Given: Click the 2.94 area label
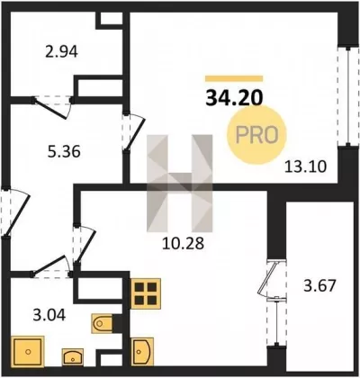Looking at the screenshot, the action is pos(61,51).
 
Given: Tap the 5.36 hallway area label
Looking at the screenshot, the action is pos(64,151).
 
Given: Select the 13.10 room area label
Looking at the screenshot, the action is pos(305,166).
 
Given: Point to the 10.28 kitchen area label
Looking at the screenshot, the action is pos(183,243).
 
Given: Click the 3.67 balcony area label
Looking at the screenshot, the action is pos(319,285).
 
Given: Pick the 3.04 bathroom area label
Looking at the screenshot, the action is pos(49,315).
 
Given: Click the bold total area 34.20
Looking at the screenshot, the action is pos(234,98).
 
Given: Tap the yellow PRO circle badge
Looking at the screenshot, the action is pos(256,135).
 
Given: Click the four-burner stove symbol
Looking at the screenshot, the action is pos(146,293).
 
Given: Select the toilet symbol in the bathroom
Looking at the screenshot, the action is pos(102,323).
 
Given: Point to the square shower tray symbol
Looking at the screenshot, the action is pos(28,351).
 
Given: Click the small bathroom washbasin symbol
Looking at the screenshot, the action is pos(73,357).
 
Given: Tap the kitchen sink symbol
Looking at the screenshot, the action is pos(142,352).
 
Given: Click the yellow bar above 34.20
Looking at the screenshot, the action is pos(234,78).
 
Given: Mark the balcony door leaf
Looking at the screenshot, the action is pos(267,279).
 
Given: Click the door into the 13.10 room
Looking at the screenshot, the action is pos(136,133).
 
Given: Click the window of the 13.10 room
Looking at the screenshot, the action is pos(348,96).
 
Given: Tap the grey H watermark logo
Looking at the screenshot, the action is pos(180,184).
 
